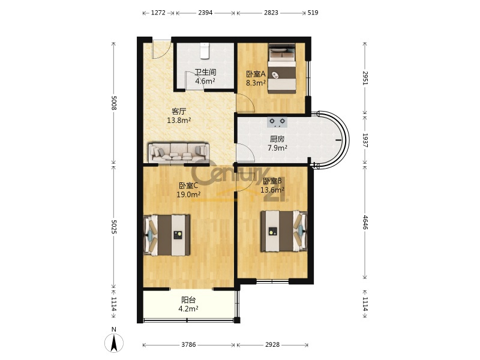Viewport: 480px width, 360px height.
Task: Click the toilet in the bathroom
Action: pos(204,50)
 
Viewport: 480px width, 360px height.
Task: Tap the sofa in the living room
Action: pos(179,152)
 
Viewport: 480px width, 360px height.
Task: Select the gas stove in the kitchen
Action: pos(277,122)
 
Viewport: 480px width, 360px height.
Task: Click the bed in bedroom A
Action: pos(282,68)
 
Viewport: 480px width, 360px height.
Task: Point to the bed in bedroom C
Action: pos(167,235)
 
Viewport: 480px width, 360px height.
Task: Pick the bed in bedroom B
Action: pos(284,231)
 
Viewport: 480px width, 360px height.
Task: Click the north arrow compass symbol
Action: pos(114,342)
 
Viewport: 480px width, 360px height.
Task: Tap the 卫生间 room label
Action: pos(205,72)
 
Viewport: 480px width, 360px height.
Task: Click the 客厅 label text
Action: pos(179,112)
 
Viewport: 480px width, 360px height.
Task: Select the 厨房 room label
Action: pos(277,139)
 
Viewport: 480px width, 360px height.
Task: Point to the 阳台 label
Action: pos(188,300)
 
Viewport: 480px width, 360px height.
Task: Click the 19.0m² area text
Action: pos(188,194)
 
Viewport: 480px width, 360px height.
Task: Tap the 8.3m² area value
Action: pos(256,83)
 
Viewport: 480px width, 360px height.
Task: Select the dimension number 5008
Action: pos(113,103)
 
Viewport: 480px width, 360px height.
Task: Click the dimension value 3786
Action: pos(188,344)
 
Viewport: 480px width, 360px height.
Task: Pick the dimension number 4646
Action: pos(365,223)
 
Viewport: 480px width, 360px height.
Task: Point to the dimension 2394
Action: pos(205,13)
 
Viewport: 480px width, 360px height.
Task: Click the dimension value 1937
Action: pos(365,140)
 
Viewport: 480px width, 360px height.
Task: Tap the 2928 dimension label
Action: pos(272,344)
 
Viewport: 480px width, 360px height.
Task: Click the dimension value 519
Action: pos(313,13)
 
